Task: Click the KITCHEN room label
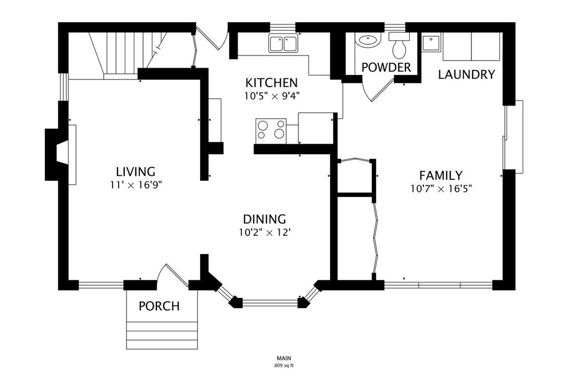pos(271,83)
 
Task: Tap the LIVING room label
pos(135,171)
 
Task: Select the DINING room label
pos(265,219)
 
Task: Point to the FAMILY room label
pos(441,175)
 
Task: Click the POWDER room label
pos(386,67)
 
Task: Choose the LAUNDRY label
pos(466,74)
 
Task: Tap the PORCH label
pos(159,306)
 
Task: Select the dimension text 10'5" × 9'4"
pos(271,97)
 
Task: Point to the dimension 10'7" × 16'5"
pos(441,189)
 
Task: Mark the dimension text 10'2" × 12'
pos(265,233)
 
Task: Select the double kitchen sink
pos(283,43)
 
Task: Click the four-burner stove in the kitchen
pos(271,131)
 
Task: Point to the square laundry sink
pos(431,43)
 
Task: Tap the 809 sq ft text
pos(284,365)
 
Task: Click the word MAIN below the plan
pos(284,358)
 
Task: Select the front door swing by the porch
pos(173,275)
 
